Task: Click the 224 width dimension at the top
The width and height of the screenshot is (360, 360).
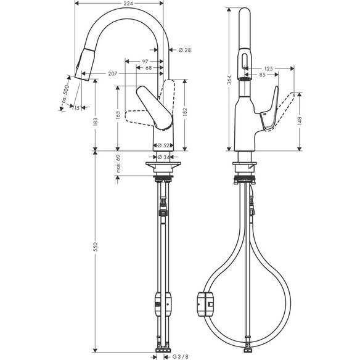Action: click(128, 3)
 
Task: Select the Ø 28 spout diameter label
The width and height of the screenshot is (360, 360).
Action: click(184, 50)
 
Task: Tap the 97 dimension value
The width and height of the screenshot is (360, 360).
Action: click(145, 61)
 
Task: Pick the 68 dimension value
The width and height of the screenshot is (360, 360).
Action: click(149, 68)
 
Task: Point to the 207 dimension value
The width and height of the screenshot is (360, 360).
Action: click(112, 74)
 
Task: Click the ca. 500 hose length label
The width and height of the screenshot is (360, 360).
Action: click(66, 94)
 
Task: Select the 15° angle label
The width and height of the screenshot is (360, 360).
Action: click(78, 107)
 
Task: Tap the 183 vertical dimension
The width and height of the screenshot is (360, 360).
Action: click(96, 121)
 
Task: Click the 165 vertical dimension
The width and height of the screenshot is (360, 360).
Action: click(118, 115)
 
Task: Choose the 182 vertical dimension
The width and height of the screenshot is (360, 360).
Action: click(185, 112)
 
